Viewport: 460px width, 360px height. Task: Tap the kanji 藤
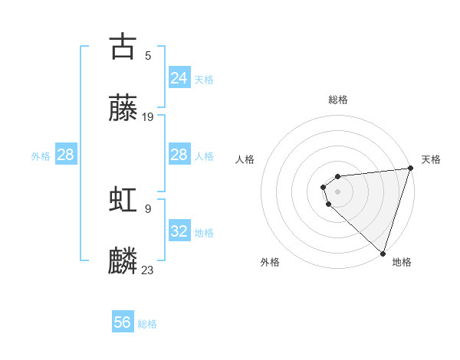point(123,108)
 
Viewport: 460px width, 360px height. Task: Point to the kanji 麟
point(123,261)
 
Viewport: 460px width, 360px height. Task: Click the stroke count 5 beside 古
point(148,55)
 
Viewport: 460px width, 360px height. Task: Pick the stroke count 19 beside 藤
point(148,117)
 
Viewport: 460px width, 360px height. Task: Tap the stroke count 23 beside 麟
point(148,270)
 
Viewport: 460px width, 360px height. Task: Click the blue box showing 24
point(179,77)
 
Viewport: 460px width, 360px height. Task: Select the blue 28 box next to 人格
point(179,155)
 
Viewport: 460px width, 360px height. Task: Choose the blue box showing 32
point(179,231)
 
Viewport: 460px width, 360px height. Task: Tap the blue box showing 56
point(122,322)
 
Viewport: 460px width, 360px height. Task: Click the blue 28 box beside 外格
point(65,155)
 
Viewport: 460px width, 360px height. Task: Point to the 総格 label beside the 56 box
point(147,324)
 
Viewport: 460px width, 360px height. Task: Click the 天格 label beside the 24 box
point(204,80)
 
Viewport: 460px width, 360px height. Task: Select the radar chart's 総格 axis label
point(337,100)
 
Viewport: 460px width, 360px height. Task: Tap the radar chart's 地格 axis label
point(402,262)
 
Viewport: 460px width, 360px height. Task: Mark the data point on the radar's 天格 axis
point(410,169)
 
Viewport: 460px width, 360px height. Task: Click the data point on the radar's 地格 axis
point(383,253)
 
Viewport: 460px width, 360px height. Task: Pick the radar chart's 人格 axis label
point(245,159)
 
